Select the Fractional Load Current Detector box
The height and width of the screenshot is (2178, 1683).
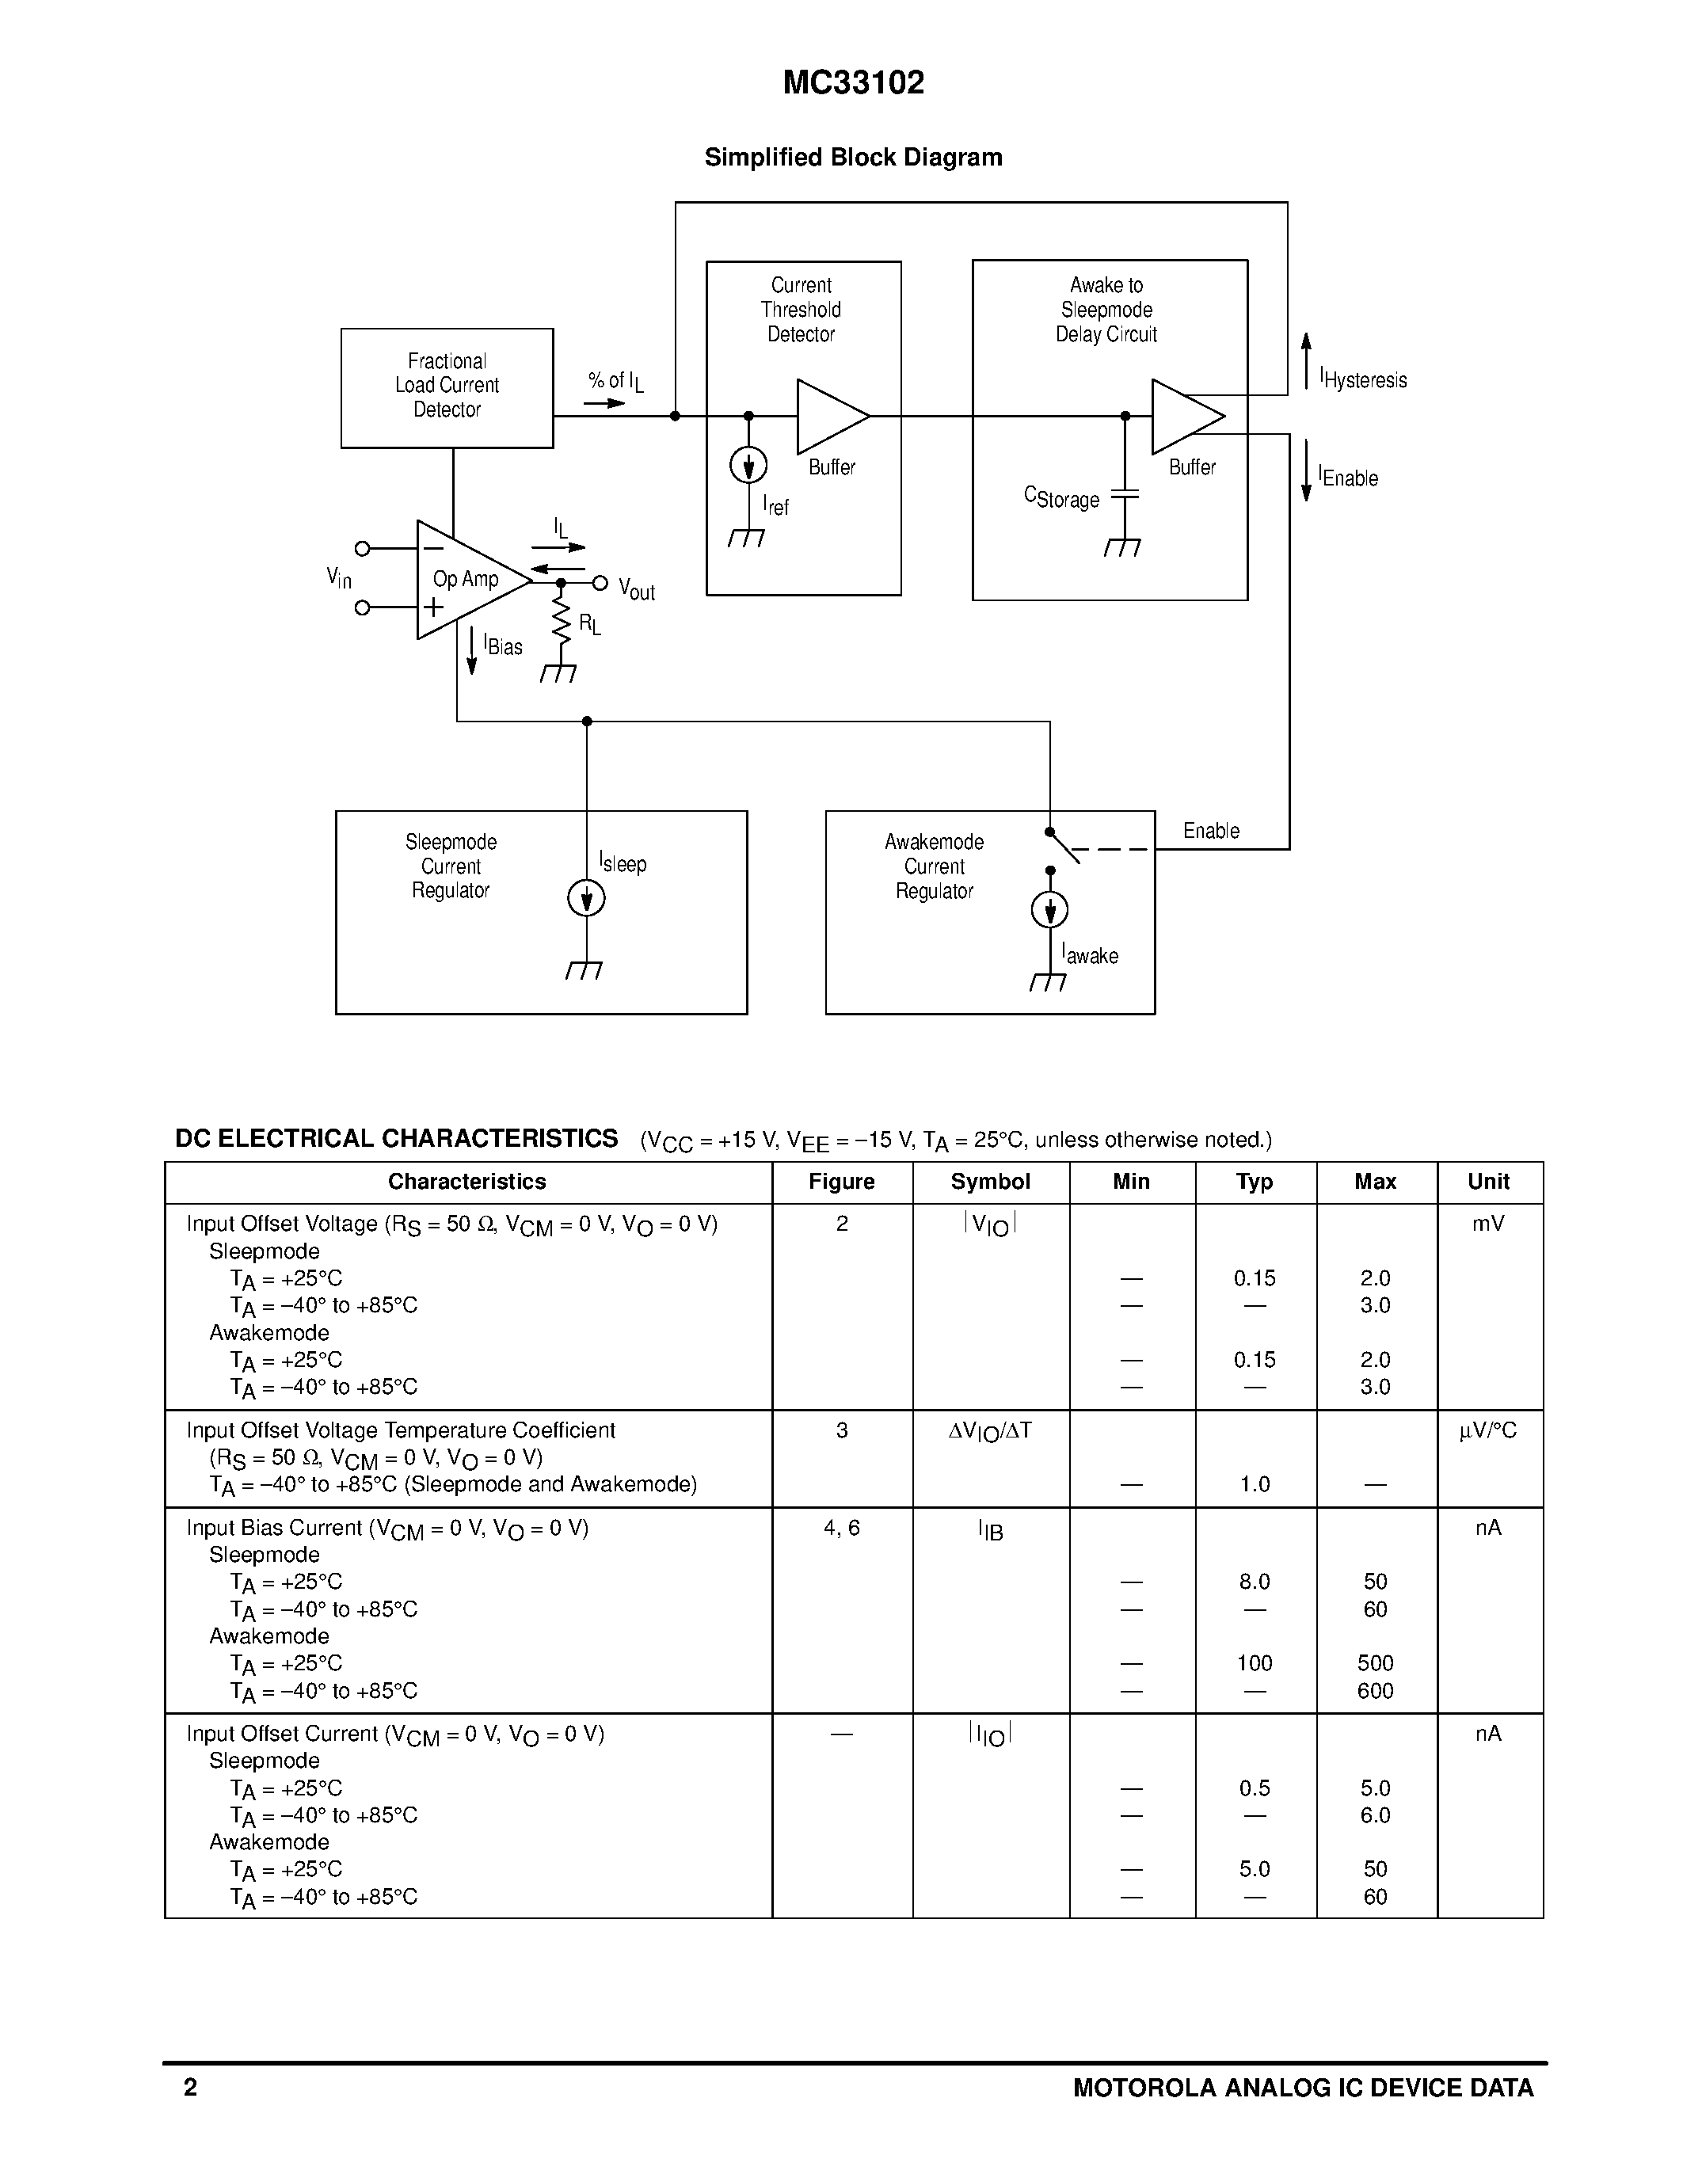coord(447,388)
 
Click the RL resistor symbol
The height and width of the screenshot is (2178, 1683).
coord(562,623)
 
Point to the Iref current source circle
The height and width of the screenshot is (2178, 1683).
coord(748,465)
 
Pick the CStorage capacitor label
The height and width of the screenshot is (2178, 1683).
coord(1062,497)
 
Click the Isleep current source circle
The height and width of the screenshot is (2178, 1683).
coord(586,899)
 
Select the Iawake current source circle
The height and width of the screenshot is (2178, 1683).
coord(1050,909)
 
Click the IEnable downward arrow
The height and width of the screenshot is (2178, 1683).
coord(1306,470)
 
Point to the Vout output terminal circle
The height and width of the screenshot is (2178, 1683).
coord(600,582)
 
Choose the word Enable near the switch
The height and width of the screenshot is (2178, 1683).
coord(1212,831)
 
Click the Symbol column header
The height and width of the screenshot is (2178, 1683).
coord(990,1182)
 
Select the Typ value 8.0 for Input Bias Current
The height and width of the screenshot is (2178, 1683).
coord(1255,1582)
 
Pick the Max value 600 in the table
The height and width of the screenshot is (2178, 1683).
coord(1375,1690)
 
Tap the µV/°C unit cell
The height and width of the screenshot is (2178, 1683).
coord(1487,1431)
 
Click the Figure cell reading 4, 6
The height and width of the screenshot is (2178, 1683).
coord(841,1528)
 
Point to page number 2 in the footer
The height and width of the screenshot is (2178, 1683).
coord(190,2087)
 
